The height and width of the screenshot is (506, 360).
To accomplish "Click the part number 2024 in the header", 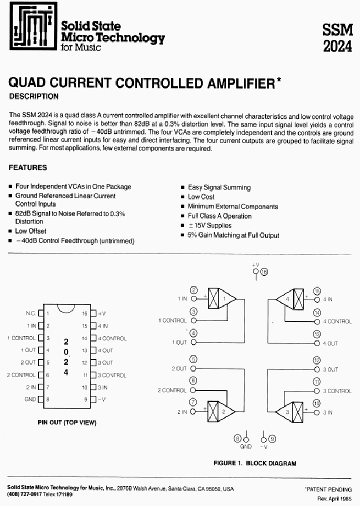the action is pyautogui.click(x=337, y=46).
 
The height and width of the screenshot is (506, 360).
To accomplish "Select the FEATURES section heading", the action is pyautogui.click(x=28, y=167).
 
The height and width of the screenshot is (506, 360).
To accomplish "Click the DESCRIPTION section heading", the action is pyautogui.click(x=34, y=96).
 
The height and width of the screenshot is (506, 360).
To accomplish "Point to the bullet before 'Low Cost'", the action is pyautogui.click(x=183, y=197).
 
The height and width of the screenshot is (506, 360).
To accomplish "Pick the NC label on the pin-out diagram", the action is pyautogui.click(x=30, y=313).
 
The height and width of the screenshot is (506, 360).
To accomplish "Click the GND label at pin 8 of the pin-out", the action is pyautogui.click(x=30, y=399).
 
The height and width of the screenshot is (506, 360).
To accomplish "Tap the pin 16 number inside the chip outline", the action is pyautogui.click(x=85, y=313).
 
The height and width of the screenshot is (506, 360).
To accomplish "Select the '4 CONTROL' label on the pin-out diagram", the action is pyautogui.click(x=112, y=338).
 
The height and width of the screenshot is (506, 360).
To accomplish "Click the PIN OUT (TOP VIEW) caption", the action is pyautogui.click(x=67, y=422).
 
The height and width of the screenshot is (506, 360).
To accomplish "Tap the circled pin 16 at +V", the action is pyautogui.click(x=264, y=271).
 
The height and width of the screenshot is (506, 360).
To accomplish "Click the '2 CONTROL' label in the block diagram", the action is pyautogui.click(x=172, y=390).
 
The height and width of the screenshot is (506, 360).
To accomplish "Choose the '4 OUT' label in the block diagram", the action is pyautogui.click(x=330, y=343).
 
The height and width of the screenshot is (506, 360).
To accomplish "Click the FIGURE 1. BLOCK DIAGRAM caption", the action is pyautogui.click(x=254, y=463).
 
